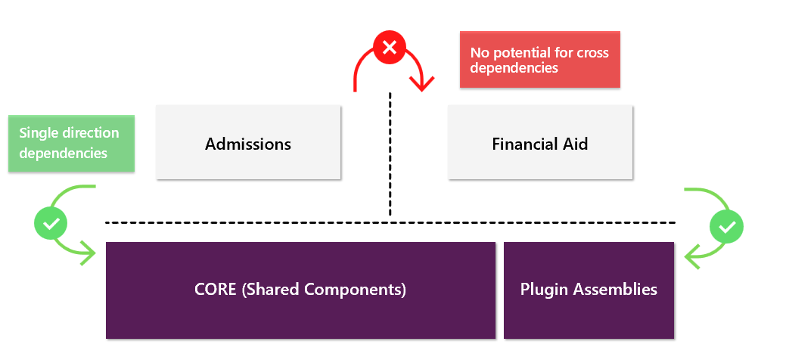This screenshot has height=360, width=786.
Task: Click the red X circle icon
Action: click(x=390, y=48)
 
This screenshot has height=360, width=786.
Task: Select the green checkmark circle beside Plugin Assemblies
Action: click(x=726, y=227)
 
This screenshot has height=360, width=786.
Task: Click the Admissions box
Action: click(x=248, y=142)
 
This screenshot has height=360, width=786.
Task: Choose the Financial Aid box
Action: click(x=540, y=142)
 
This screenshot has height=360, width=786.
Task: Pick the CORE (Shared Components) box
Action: click(x=301, y=290)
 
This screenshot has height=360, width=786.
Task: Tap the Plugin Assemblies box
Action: click(x=589, y=290)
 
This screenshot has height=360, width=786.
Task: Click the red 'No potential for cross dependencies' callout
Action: click(x=540, y=60)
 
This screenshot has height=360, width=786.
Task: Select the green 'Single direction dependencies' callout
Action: click(x=71, y=144)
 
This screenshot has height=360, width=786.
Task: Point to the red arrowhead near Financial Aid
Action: click(x=421, y=82)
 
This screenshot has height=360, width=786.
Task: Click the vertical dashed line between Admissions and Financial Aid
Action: click(x=390, y=154)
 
